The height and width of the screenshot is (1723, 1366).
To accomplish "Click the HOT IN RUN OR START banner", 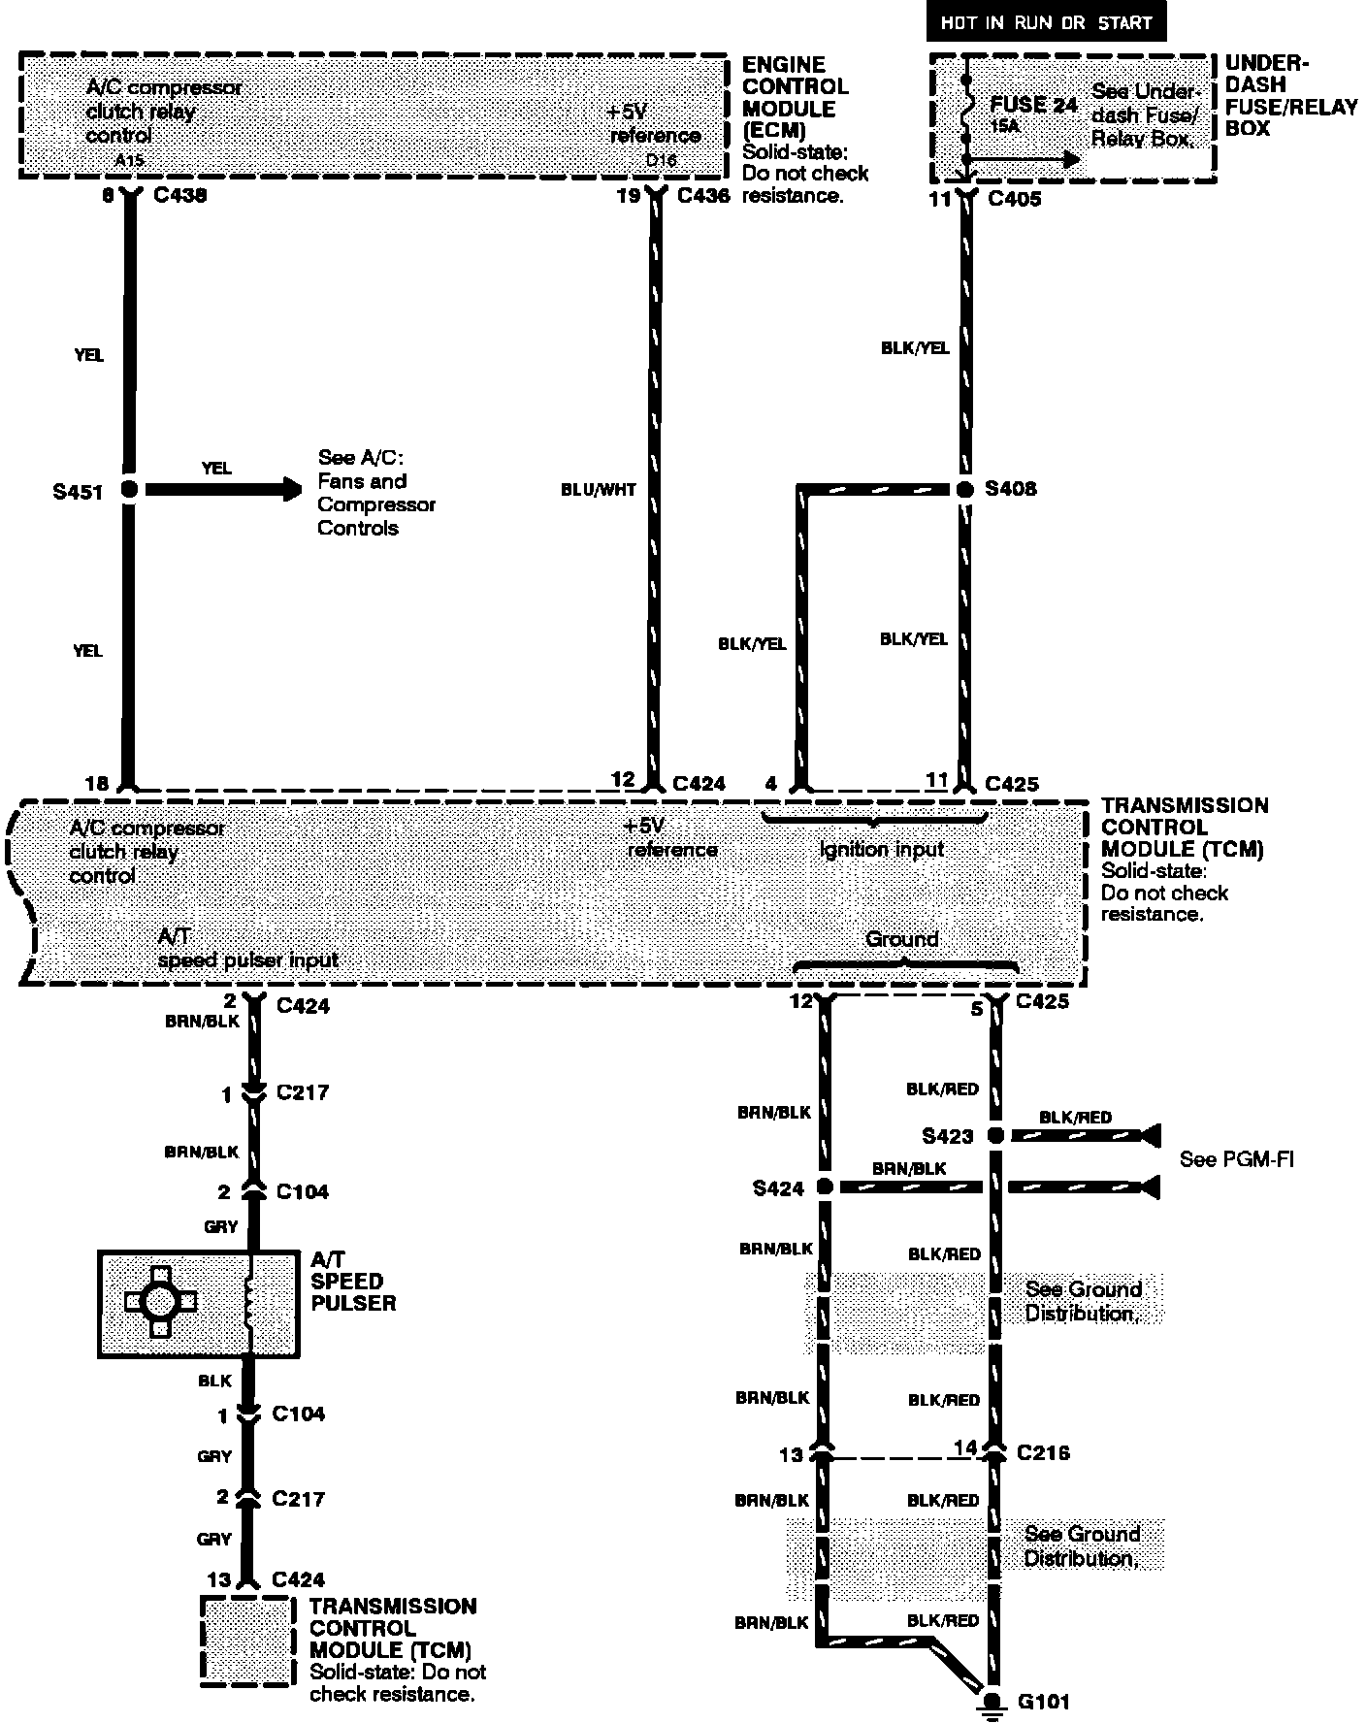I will (1045, 22).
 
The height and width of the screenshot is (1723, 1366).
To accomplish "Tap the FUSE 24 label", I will (1033, 105).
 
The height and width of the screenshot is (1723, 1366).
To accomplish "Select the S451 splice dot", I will (129, 490).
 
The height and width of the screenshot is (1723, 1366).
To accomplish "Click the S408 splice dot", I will (964, 490).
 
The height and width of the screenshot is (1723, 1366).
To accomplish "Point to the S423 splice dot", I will (995, 1134).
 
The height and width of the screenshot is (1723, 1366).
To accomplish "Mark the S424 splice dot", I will (825, 1187).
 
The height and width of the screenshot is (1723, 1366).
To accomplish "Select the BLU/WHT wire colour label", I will (599, 490).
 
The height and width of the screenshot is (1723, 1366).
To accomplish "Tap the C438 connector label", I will (180, 195).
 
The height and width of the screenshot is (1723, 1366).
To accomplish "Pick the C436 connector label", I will (703, 195).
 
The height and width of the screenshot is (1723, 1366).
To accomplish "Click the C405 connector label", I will (1014, 199).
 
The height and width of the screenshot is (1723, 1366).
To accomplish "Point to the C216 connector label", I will (1043, 1452).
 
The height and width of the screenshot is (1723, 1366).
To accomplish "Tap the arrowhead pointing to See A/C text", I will (291, 490).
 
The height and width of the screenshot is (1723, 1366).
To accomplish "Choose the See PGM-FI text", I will (1236, 1159).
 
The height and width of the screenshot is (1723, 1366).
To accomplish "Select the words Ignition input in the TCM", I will (881, 850).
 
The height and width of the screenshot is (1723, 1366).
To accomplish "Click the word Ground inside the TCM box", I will (901, 939).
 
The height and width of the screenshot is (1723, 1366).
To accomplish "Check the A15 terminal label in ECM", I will (129, 160).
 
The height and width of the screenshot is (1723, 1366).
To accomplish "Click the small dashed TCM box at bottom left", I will (247, 1641).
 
